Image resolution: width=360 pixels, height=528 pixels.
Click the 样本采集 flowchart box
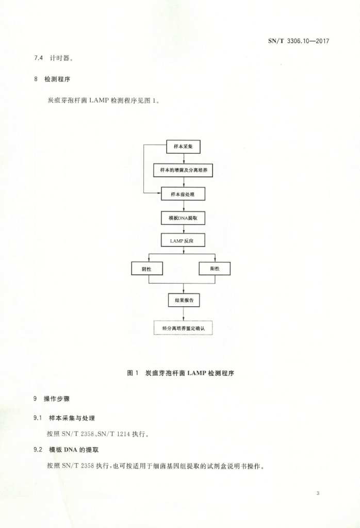tap(184, 146)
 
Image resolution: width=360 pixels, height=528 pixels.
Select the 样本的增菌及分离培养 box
tap(184, 170)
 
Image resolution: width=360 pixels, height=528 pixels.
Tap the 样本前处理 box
tap(183, 194)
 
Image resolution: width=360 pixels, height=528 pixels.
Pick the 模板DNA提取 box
tap(183, 218)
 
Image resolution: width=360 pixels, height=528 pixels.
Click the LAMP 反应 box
tap(183, 240)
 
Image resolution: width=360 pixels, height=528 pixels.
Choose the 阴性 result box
tap(147, 269)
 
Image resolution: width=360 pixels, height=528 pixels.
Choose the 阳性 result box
tap(215, 268)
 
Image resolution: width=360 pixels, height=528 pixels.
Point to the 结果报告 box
tap(184, 300)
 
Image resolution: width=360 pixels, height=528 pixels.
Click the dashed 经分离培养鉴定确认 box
tap(183, 328)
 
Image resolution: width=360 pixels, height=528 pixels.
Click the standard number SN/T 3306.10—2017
tap(299, 41)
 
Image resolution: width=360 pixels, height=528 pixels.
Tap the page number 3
tap(318, 493)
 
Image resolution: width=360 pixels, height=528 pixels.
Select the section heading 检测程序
tap(57, 79)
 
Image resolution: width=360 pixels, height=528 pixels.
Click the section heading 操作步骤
tap(57, 399)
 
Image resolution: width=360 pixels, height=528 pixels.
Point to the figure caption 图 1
tap(133, 373)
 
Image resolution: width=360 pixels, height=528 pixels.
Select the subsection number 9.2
tap(38, 450)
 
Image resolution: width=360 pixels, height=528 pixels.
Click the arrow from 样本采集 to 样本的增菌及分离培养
tap(184, 159)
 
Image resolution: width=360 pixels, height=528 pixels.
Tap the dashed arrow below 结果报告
tap(184, 314)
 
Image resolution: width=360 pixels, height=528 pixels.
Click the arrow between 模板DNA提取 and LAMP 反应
tap(184, 229)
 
